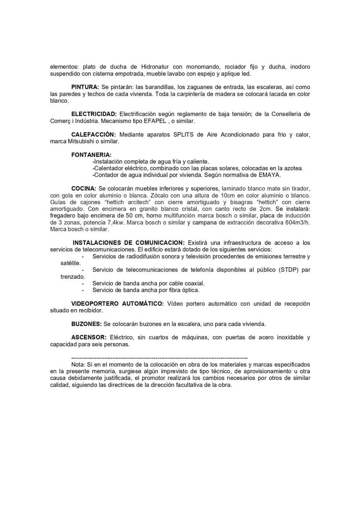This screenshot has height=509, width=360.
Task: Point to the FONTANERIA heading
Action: point(91,155)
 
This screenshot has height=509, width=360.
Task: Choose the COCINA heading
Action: point(84,188)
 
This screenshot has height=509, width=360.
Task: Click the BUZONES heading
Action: point(86,324)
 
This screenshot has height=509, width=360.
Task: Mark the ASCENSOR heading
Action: point(88,338)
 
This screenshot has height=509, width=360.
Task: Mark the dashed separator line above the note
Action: point(159,358)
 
